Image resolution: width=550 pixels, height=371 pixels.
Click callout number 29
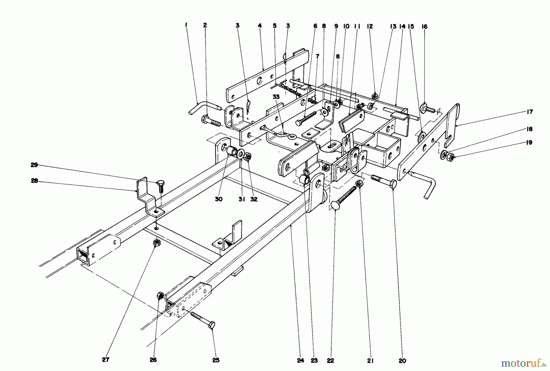click(x=34, y=165)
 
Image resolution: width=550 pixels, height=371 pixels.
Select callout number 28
click(x=34, y=181)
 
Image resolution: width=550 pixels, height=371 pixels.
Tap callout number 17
click(x=530, y=112)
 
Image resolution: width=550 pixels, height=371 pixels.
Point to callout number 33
click(x=276, y=97)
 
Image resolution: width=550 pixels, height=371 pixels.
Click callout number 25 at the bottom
click(x=216, y=360)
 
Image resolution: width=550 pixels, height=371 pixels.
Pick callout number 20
click(x=402, y=361)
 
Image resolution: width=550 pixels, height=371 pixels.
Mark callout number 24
click(x=300, y=361)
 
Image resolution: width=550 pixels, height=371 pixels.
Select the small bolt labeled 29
click(x=161, y=186)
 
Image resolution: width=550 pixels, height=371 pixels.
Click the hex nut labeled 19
click(x=450, y=158)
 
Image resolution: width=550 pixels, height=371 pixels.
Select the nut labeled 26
click(x=160, y=296)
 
